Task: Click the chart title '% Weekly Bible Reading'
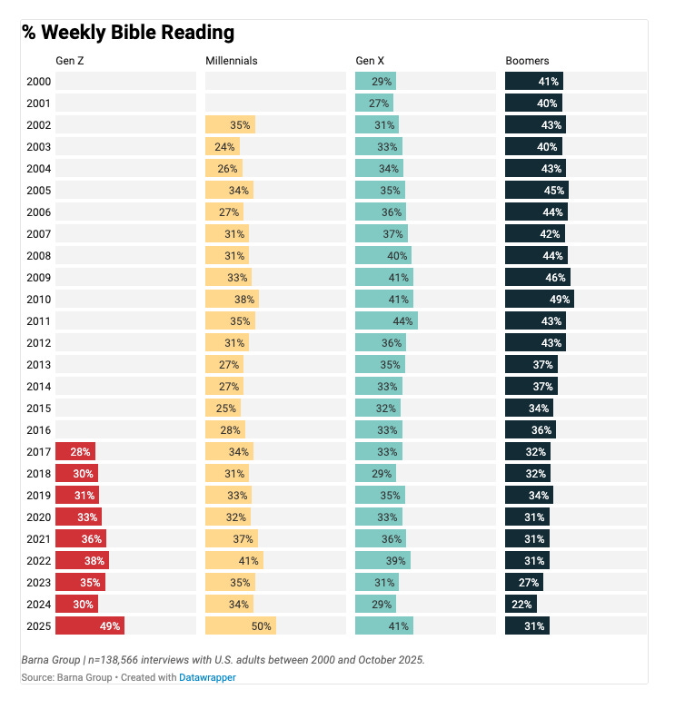(128, 33)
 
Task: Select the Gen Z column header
(70, 61)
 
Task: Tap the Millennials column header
(232, 61)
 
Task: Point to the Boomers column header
(527, 61)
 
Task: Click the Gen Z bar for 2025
(89, 625)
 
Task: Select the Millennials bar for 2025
(240, 625)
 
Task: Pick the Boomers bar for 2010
(539, 299)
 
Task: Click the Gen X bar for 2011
(386, 320)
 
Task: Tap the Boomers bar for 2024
(521, 604)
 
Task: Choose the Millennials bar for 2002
(230, 124)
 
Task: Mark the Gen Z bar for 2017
(74, 451)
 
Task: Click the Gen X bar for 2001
(374, 103)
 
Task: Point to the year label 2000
(38, 81)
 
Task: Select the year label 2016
(38, 429)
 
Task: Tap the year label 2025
(38, 625)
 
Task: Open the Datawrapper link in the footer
(207, 677)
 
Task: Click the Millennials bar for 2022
(233, 560)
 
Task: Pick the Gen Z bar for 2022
(82, 560)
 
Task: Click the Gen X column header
(369, 61)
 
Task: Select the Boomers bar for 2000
(534, 81)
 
